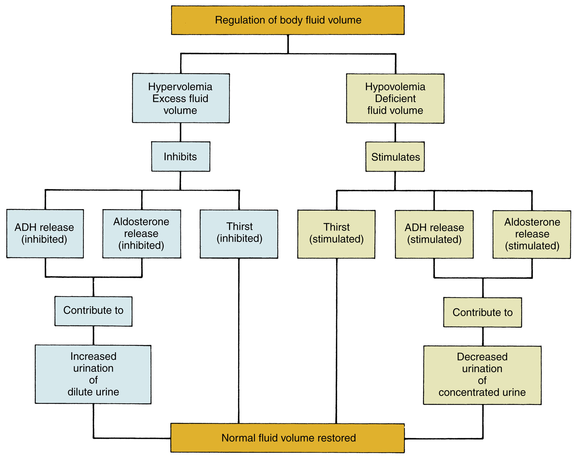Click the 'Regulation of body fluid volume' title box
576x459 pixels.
288,20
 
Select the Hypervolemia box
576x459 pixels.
181,98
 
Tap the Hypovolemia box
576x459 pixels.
395,99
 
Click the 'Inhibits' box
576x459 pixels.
180,157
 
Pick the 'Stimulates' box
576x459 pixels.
395,157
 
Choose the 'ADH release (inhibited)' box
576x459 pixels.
45,233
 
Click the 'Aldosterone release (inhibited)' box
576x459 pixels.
142,234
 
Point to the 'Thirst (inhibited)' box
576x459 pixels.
239,234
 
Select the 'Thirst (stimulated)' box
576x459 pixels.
336,234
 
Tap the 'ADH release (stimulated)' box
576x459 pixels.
434,234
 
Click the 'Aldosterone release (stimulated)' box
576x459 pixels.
532,234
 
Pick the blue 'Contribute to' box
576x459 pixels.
93,311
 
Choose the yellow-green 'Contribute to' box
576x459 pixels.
482,312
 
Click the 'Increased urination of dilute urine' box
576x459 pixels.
93,374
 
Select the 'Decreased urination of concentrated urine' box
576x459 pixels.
482,375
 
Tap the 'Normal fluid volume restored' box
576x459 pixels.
288,438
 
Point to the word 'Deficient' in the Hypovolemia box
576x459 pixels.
395,99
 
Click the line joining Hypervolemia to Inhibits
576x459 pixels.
180,132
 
